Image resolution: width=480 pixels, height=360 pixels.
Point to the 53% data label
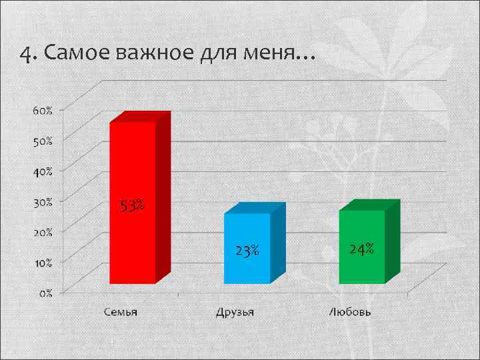click(132, 206)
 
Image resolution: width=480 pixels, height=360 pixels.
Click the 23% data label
click(247, 251)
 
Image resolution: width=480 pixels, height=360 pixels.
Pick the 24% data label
click(361, 249)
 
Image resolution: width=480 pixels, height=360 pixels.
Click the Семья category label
click(121, 312)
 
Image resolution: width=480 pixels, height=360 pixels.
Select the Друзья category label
click(235, 312)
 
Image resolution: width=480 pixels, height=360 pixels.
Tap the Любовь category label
click(350, 312)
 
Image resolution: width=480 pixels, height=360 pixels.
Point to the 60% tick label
click(43, 110)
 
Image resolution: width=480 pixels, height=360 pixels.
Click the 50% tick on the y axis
click(43, 141)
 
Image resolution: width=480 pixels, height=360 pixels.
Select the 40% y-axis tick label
click(43, 171)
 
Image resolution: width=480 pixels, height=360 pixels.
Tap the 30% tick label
click(43, 201)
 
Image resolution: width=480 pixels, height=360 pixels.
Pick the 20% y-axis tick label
click(43, 232)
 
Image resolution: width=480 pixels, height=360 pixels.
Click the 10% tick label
click(43, 262)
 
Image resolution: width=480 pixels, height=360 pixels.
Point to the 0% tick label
click(45, 293)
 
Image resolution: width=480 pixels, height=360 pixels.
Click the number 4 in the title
click(25, 54)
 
